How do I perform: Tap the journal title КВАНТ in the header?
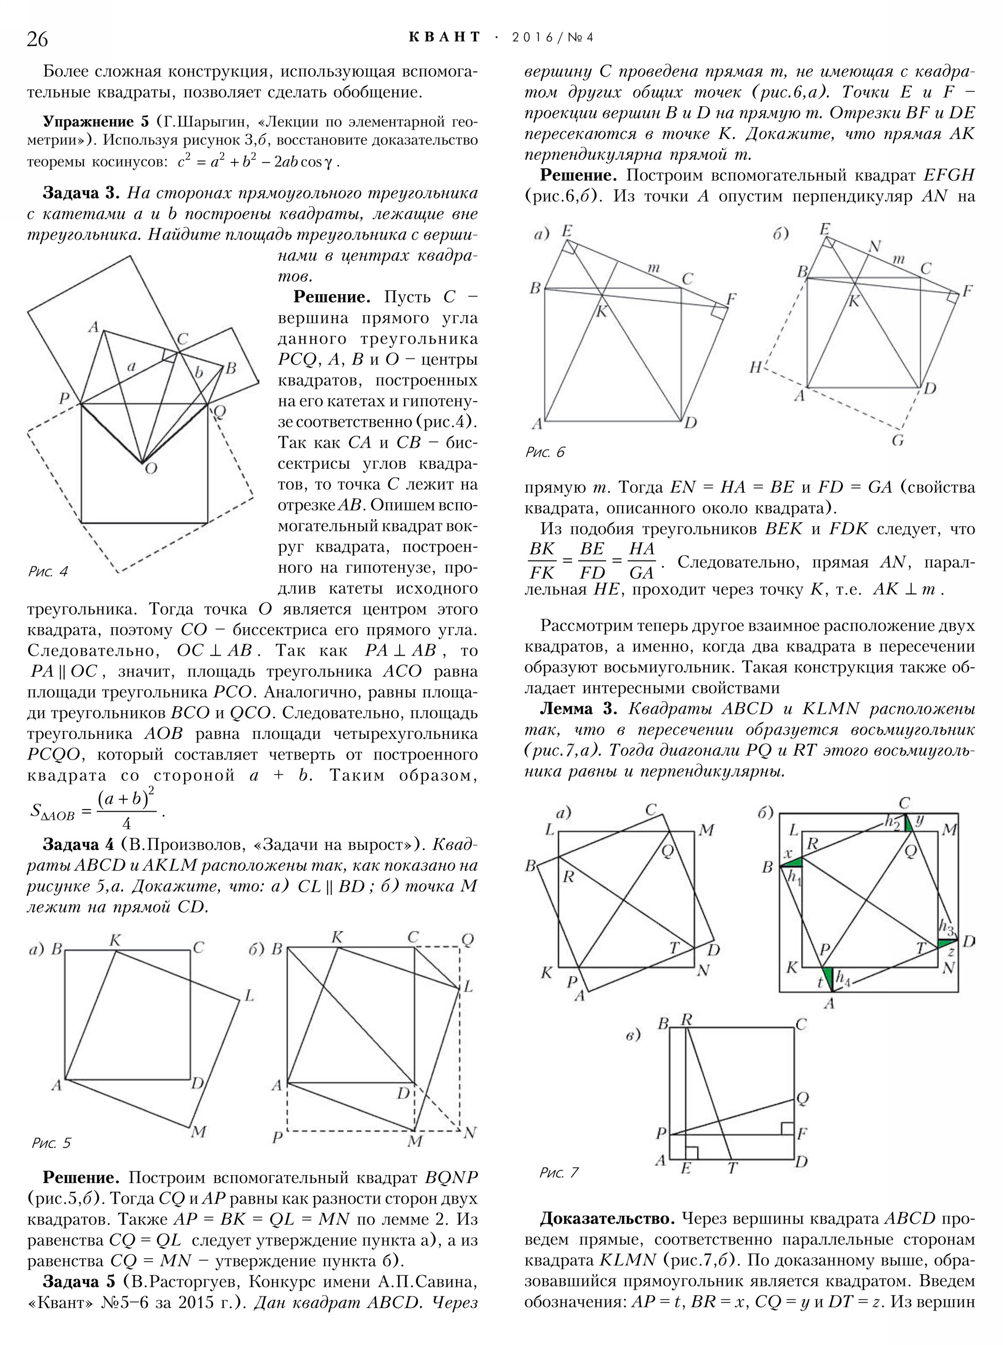[x=444, y=38]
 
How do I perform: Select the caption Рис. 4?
[x=48, y=572]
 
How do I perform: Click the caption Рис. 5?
[x=51, y=1143]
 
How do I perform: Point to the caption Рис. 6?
[x=545, y=452]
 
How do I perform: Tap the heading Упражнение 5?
[x=96, y=121]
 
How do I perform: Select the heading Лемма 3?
[x=579, y=709]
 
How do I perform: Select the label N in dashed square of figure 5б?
[x=469, y=1132]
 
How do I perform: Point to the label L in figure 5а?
[x=248, y=996]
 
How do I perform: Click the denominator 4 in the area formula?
[x=126, y=824]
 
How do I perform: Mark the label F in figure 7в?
[x=801, y=1132]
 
